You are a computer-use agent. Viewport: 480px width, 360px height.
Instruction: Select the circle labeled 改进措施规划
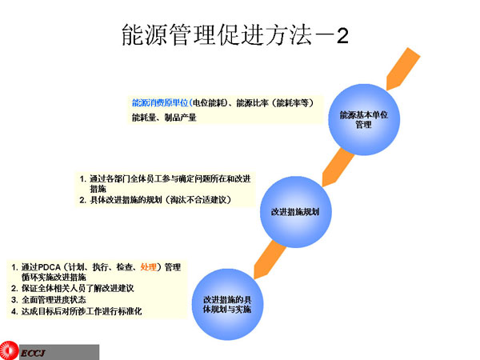(x=295, y=211)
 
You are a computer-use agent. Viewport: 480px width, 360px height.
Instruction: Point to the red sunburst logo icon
(x=9, y=351)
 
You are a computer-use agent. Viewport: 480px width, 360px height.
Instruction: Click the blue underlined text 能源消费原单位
(x=160, y=103)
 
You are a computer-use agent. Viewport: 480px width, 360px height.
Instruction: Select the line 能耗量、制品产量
(x=164, y=118)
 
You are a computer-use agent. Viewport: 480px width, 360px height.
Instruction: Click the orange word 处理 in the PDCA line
(x=150, y=266)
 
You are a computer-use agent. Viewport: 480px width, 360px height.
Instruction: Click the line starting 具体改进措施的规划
(x=160, y=200)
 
